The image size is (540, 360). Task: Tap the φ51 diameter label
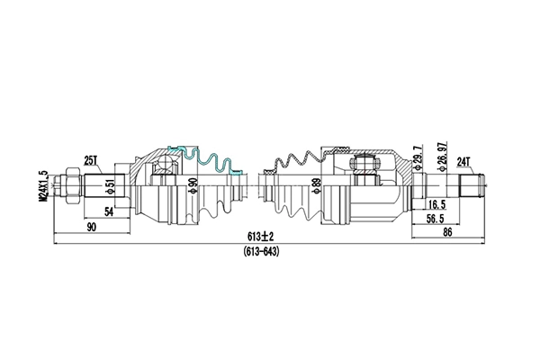pyautogui.click(x=110, y=186)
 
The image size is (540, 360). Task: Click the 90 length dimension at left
pyautogui.click(x=92, y=228)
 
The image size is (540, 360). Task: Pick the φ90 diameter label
pyautogui.click(x=192, y=186)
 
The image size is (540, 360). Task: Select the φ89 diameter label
pyautogui.click(x=315, y=186)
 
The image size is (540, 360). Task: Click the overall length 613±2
pyautogui.click(x=261, y=236)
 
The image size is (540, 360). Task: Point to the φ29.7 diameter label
pyautogui.click(x=417, y=158)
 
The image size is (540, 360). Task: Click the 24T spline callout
pyautogui.click(x=465, y=161)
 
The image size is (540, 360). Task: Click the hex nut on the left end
pyautogui.click(x=66, y=186)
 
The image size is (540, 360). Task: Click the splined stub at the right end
pyautogui.click(x=472, y=186)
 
